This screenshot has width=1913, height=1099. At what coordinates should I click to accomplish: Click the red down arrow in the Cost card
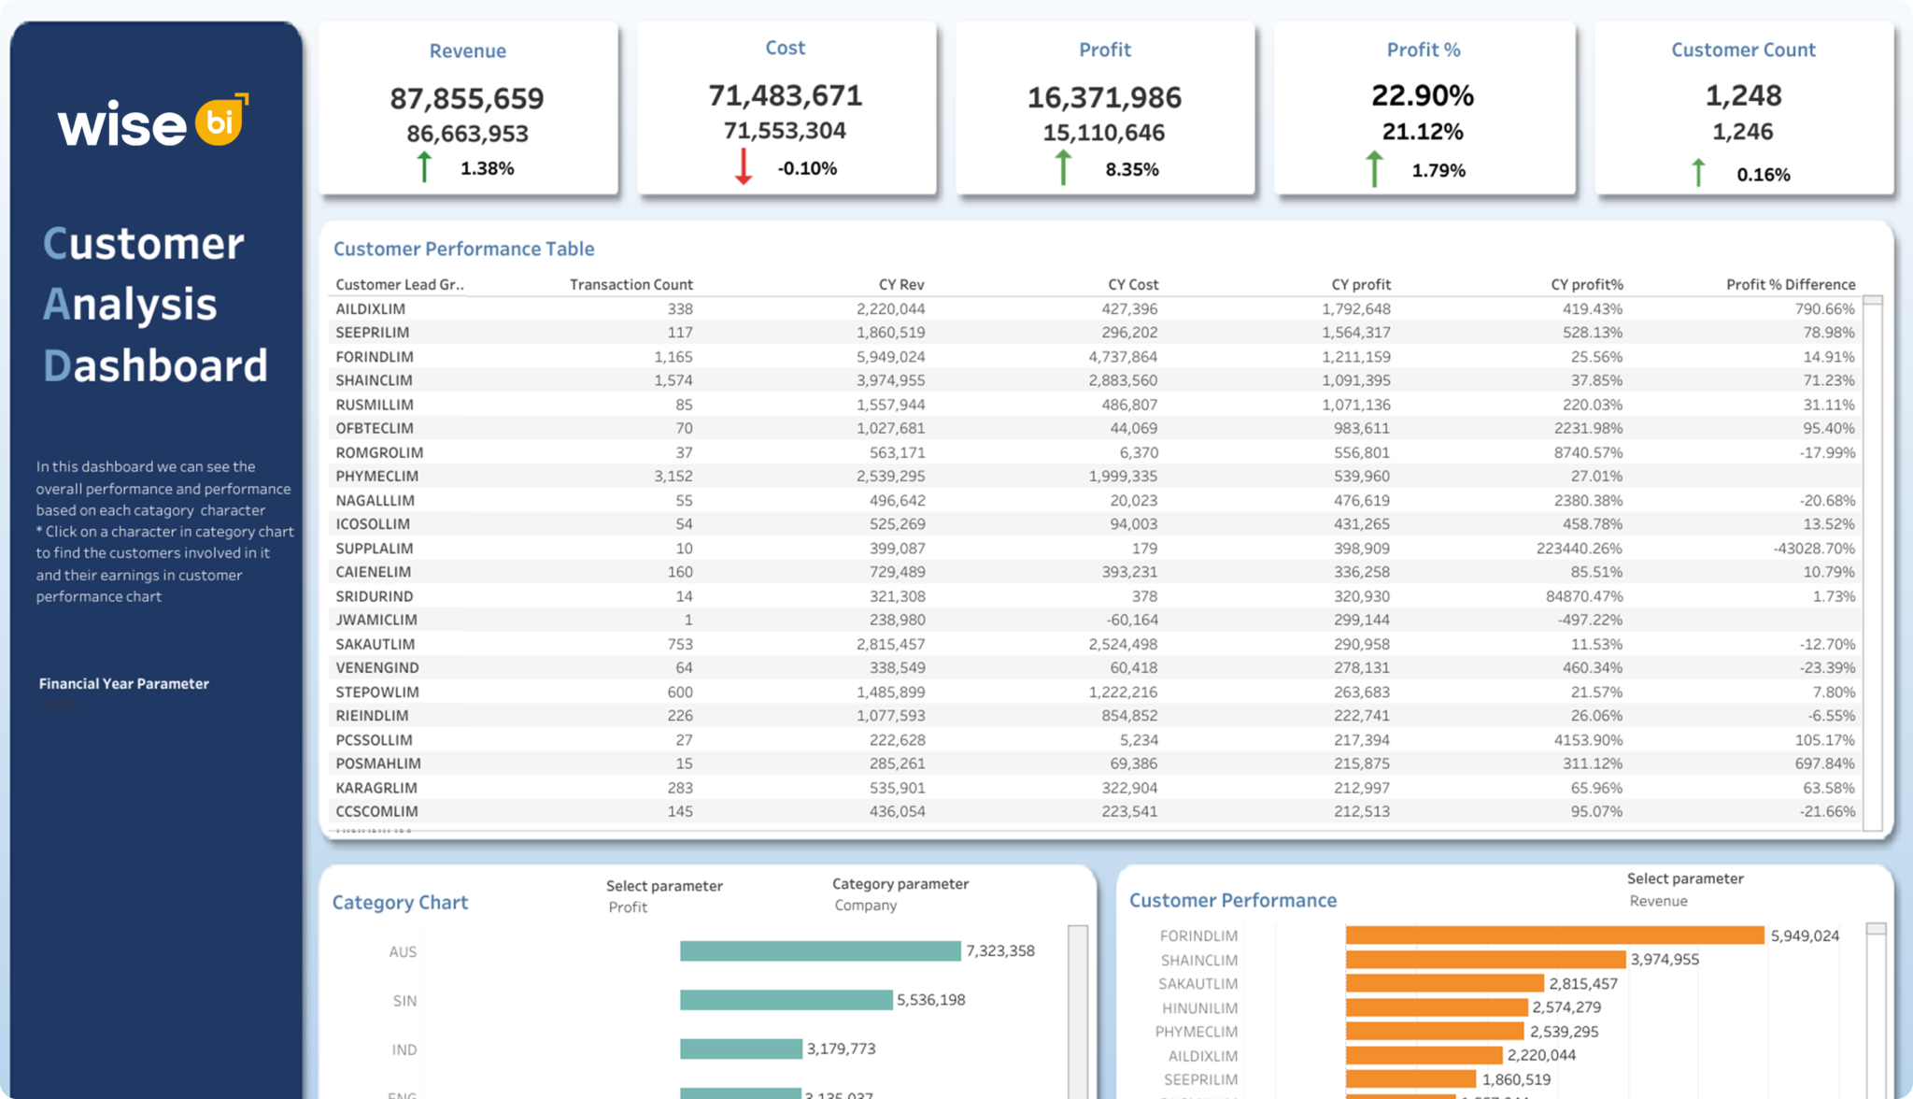point(744,166)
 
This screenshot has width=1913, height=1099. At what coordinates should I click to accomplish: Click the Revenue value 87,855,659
point(467,98)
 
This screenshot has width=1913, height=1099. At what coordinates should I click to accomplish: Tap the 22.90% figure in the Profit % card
point(1423,95)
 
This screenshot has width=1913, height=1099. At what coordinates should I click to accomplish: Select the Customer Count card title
point(1743,50)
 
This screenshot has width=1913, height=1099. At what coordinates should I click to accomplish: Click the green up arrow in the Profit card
point(1063,167)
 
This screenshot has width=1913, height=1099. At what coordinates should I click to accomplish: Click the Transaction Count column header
point(631,284)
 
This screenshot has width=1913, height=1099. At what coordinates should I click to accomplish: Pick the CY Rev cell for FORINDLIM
point(890,356)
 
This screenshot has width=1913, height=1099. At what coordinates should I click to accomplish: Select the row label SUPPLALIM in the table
point(374,548)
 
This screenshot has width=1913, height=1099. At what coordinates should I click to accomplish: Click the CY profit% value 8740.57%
point(1588,452)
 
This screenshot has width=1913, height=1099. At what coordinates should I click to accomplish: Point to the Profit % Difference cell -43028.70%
point(1814,548)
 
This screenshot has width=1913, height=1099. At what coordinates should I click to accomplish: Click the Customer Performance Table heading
point(463,249)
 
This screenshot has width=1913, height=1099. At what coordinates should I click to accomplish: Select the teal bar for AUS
point(819,950)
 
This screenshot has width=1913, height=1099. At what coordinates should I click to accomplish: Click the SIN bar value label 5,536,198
point(930,1000)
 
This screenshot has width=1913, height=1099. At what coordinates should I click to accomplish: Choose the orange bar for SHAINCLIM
point(1485,960)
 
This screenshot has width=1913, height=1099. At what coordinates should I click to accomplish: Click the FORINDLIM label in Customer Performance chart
point(1198,935)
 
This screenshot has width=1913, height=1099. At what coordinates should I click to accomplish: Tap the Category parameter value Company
point(865,905)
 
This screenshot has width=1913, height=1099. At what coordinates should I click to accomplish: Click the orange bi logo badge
point(220,121)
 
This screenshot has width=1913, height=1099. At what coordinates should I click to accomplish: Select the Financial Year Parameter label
point(123,683)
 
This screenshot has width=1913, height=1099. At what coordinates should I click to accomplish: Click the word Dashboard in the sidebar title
point(156,365)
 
